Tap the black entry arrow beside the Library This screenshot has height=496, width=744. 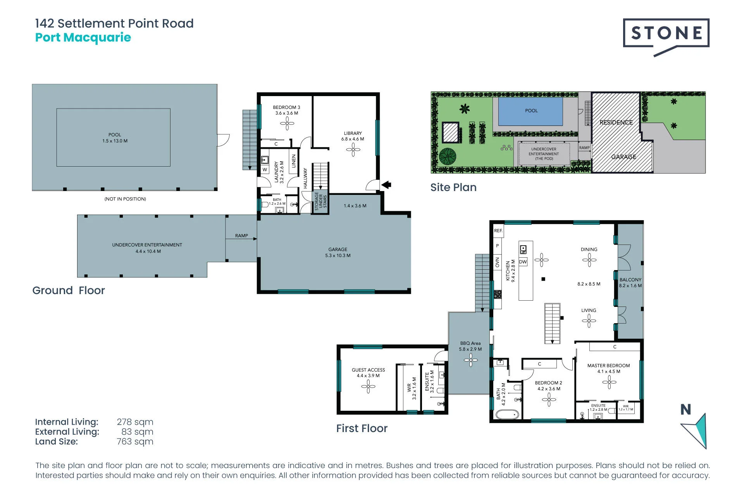pos(386,185)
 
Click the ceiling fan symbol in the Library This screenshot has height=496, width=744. pos(353,150)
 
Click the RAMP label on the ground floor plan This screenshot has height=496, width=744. pos(241,236)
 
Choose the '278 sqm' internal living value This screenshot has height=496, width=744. pos(135,422)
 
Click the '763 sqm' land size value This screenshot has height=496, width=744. pos(135,442)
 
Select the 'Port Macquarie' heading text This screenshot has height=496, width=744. pos(83,38)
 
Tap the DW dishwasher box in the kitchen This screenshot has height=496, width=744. pos(523,262)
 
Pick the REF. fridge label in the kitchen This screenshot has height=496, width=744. pos(498,231)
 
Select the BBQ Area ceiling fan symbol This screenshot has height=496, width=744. pos(470,360)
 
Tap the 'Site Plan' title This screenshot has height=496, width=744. pos(453,188)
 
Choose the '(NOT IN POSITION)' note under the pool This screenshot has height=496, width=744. pos(125,199)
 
